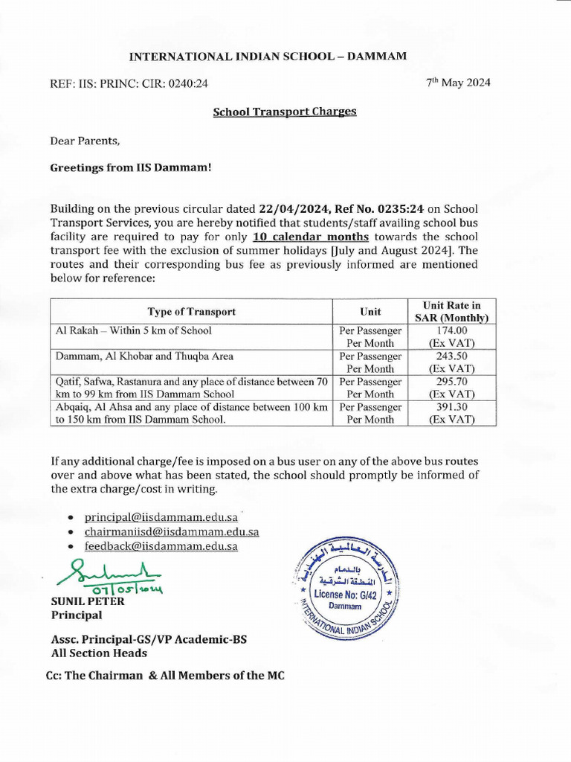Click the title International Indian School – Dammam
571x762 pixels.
tap(268, 56)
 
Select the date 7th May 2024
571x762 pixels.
tap(458, 83)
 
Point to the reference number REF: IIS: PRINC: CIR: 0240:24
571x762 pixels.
tap(129, 84)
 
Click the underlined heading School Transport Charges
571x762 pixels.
tap(285, 112)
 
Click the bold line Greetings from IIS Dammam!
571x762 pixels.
tap(131, 168)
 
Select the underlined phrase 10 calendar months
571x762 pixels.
tap(311, 237)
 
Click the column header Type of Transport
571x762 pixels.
tap(191, 312)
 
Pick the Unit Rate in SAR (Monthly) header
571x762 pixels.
tap(451, 312)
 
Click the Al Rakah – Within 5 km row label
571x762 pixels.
tap(134, 330)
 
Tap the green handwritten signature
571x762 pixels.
tap(112, 574)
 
